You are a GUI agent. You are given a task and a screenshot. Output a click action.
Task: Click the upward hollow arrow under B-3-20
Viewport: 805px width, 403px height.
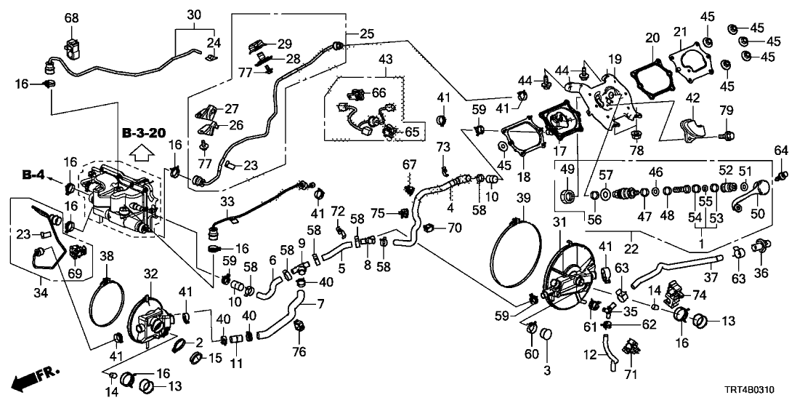(142, 152)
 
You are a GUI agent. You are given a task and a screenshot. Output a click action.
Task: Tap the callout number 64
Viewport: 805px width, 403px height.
(781, 151)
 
